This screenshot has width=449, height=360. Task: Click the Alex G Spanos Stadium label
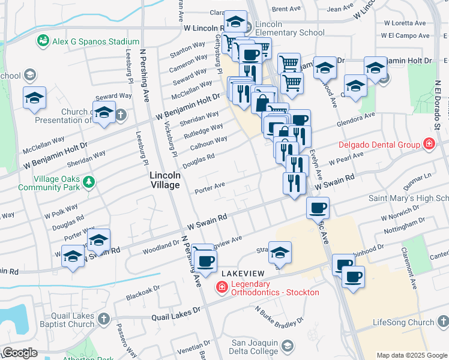click(x=95, y=41)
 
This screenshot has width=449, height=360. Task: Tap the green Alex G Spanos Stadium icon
click(x=43, y=41)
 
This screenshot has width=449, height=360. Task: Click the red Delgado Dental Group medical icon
click(x=429, y=144)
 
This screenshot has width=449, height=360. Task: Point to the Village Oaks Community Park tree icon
click(x=89, y=181)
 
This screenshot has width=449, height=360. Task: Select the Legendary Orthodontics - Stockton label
click(x=273, y=288)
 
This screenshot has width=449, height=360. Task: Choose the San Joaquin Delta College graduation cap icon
click(x=288, y=346)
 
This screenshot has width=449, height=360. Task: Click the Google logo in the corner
click(x=20, y=353)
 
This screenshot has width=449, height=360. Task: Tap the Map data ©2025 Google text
click(x=412, y=355)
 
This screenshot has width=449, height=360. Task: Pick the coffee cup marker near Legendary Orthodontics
click(x=206, y=261)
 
